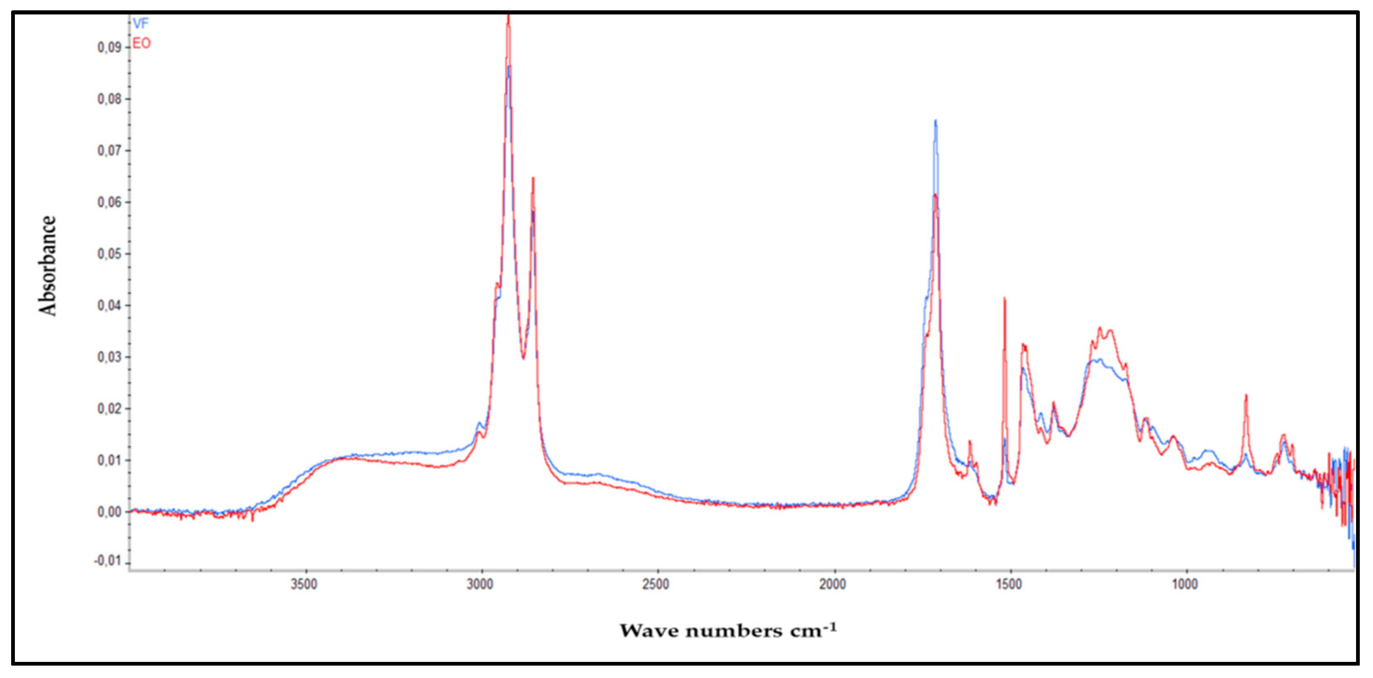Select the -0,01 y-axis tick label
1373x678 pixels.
tap(108, 562)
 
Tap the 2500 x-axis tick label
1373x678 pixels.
tap(656, 584)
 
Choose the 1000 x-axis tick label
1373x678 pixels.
tap(1185, 584)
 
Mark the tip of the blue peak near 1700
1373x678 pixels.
tap(936, 121)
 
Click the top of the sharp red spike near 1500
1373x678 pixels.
tap(1005, 298)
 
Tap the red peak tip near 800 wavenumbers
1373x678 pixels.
tap(1246, 395)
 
